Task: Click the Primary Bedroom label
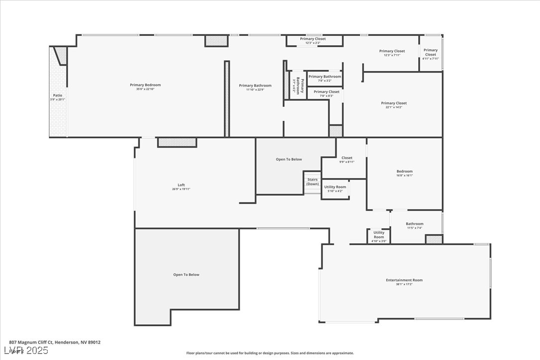tap(145, 85)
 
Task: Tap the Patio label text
tap(58, 95)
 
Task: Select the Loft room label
tap(181, 185)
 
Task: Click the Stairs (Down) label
tap(312, 181)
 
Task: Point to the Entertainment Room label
tap(404, 280)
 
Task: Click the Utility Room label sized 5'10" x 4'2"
tap(335, 187)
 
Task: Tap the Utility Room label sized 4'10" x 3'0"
tap(378, 234)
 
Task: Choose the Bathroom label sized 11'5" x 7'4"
tap(414, 224)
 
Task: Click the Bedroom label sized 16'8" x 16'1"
tap(404, 171)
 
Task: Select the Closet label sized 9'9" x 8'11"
tap(347, 158)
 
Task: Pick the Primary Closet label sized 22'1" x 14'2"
tap(393, 103)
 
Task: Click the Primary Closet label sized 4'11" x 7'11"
tap(430, 52)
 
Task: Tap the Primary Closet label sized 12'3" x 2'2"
tap(313, 39)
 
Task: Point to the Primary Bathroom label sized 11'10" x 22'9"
tap(255, 86)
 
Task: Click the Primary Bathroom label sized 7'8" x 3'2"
tap(325, 77)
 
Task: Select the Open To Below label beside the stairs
tap(288, 159)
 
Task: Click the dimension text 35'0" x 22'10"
tap(145, 89)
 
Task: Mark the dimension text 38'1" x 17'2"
tap(404, 284)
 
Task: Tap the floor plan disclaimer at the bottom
tap(270, 353)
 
